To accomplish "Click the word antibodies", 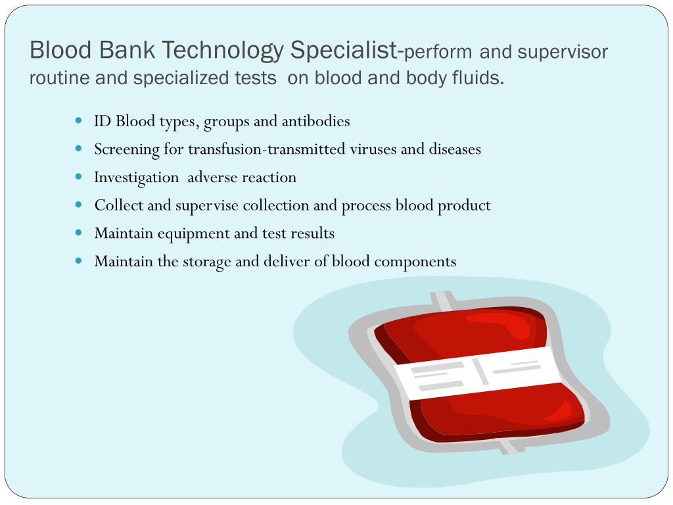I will coord(315,121).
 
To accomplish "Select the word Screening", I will coord(127,149).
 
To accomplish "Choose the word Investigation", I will coord(136,178).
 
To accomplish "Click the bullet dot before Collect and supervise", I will coord(79,204).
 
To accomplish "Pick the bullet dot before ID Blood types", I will coord(79,120).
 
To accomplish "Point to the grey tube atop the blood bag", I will coord(442,300).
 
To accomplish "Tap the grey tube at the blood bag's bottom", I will coord(509,446).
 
